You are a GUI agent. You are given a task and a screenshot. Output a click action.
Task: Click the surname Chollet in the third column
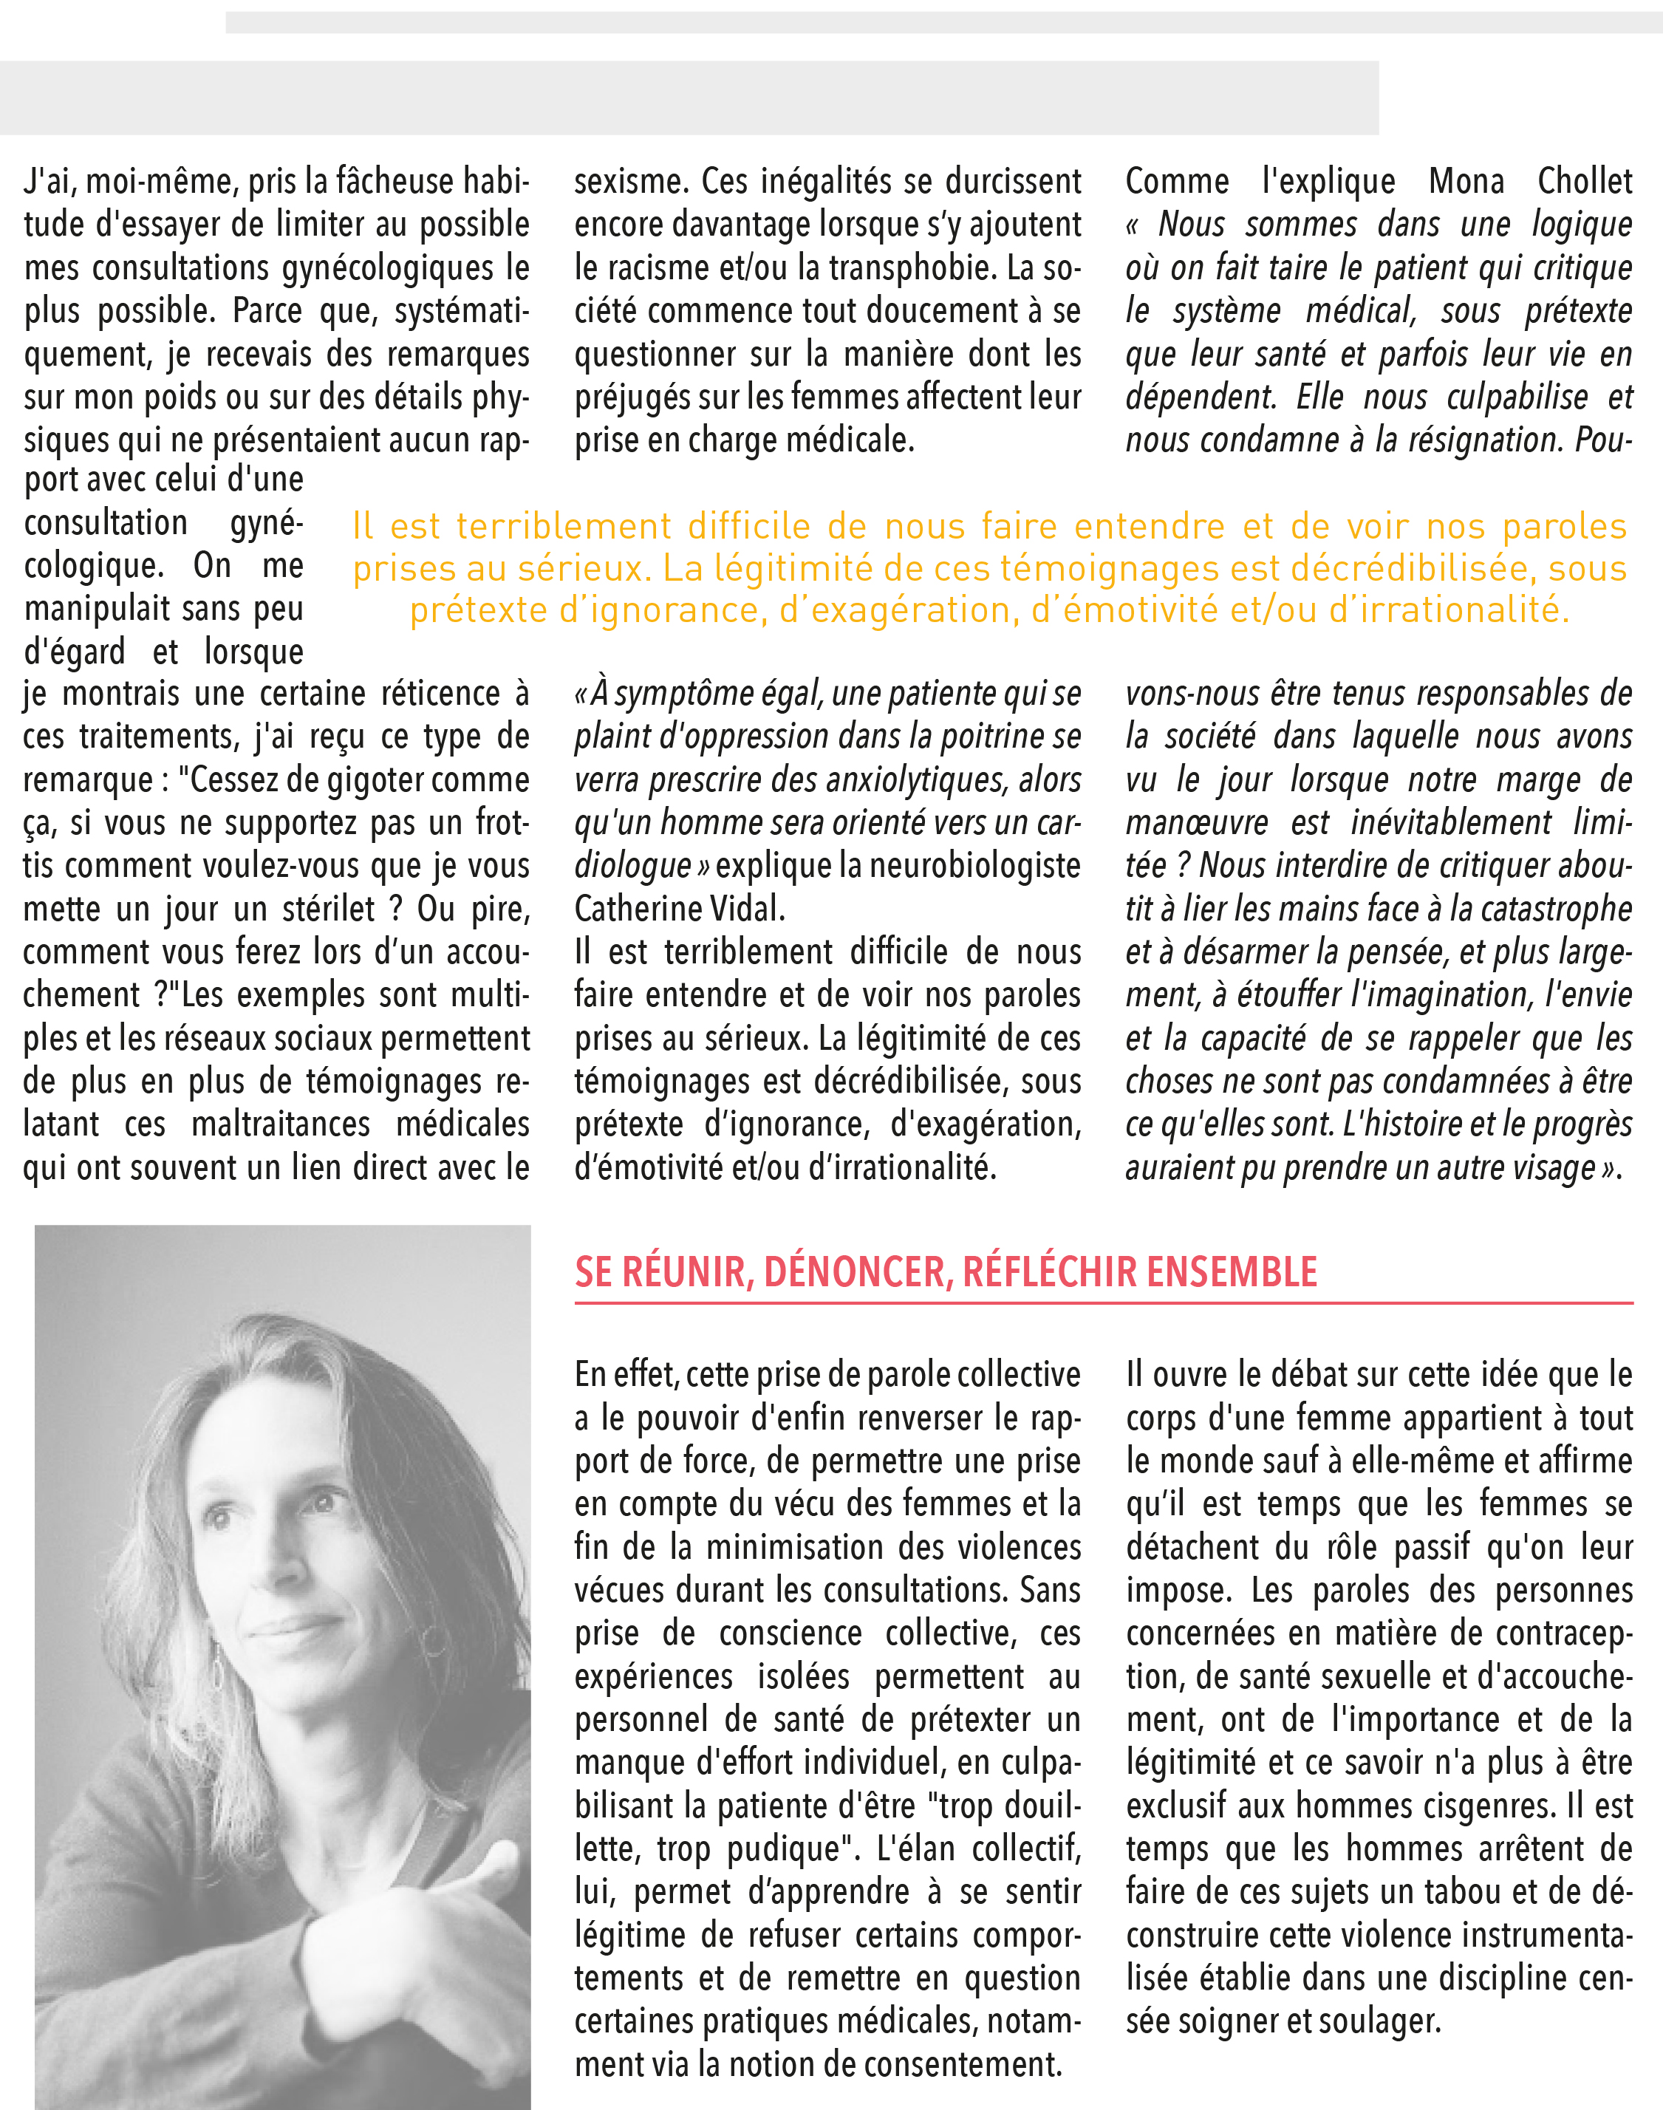coord(1584,182)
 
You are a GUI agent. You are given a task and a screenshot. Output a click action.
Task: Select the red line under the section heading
coord(1103,1302)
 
